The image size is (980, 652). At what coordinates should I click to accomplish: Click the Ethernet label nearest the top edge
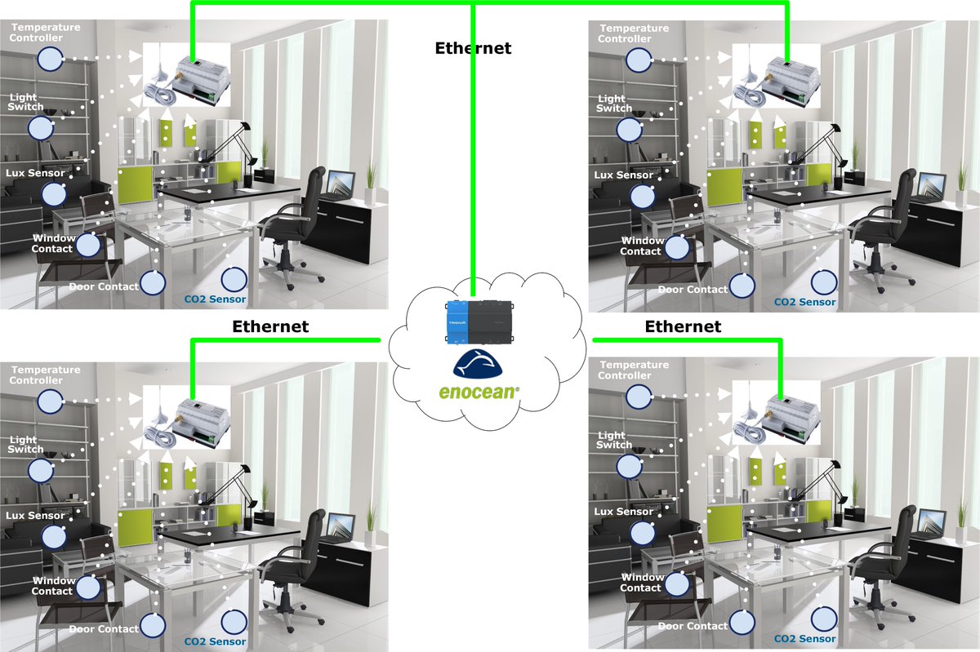click(x=473, y=48)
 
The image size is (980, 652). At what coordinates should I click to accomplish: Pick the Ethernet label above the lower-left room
click(x=270, y=327)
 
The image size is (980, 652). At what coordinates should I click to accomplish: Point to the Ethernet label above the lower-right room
click(x=683, y=327)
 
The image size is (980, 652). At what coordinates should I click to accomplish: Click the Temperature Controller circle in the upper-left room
click(x=51, y=58)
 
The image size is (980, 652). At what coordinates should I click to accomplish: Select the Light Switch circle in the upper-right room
click(x=629, y=129)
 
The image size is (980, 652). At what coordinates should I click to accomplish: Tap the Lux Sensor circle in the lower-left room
click(x=54, y=536)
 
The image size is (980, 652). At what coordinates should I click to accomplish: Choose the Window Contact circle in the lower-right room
click(x=675, y=583)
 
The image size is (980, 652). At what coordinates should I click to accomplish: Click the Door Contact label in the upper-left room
click(x=103, y=286)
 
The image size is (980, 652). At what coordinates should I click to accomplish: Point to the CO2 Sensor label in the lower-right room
click(x=804, y=639)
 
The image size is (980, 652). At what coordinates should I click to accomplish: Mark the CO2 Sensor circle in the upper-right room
click(x=823, y=282)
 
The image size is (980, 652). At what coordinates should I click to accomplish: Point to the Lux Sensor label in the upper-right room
click(x=624, y=175)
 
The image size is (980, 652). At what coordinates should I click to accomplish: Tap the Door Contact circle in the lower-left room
click(x=153, y=625)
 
